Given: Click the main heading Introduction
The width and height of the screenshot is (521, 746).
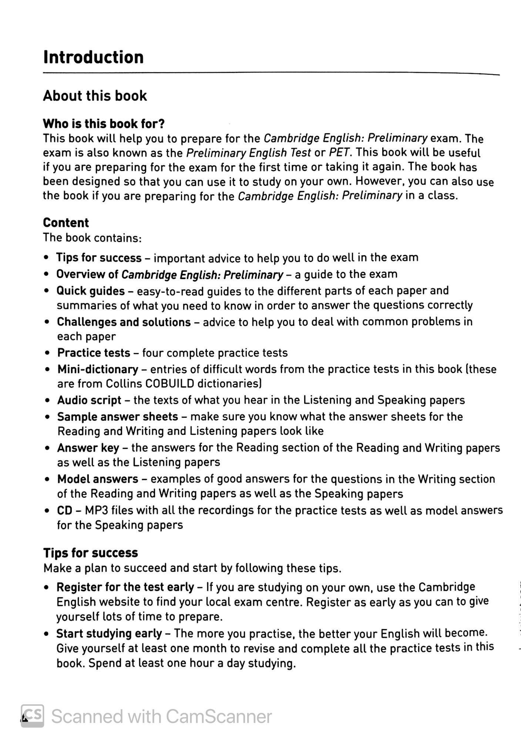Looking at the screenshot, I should point(93,57).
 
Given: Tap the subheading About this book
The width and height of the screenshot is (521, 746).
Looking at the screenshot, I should point(95,96).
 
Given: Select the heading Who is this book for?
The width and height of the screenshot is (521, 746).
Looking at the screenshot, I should point(104,124).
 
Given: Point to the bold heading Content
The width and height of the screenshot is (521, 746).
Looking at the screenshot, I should point(66,223).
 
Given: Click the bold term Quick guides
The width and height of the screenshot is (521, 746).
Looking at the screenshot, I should point(90,291).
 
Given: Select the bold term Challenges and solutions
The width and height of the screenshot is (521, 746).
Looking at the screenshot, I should point(124,322).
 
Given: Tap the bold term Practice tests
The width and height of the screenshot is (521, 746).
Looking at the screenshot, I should point(94,353).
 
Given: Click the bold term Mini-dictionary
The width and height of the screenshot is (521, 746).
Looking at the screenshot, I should point(98,369).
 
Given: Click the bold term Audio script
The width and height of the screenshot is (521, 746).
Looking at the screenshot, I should point(89,400).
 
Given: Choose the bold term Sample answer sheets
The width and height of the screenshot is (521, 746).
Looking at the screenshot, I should point(118,417).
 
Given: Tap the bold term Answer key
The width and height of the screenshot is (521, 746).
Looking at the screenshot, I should point(88,448).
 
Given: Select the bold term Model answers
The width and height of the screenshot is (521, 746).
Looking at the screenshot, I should point(98,479).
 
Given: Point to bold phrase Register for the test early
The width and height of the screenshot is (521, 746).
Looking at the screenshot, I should point(125,587).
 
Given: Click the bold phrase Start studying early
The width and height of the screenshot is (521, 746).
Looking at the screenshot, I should point(109,634).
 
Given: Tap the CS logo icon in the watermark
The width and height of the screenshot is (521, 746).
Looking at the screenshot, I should point(32,716).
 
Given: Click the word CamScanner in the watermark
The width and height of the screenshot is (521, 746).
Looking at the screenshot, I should point(219,716).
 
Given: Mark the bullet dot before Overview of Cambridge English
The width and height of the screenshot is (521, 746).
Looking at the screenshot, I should point(46,275).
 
